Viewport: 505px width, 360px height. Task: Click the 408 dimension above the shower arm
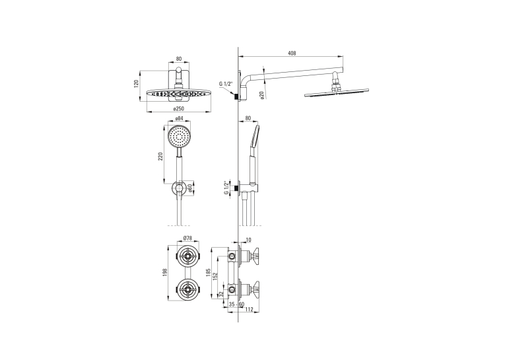click(x=292, y=54)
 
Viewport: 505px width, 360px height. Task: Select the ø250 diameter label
click(x=178, y=109)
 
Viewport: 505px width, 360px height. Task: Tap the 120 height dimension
click(x=136, y=84)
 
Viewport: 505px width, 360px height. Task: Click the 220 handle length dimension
click(x=160, y=156)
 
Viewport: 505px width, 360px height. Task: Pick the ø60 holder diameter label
click(x=190, y=188)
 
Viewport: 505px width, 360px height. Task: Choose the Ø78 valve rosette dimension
click(x=187, y=238)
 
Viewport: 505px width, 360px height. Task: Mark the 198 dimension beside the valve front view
click(x=165, y=273)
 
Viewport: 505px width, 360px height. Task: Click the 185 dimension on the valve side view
click(x=208, y=273)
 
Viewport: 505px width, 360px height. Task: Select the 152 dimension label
click(x=215, y=276)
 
